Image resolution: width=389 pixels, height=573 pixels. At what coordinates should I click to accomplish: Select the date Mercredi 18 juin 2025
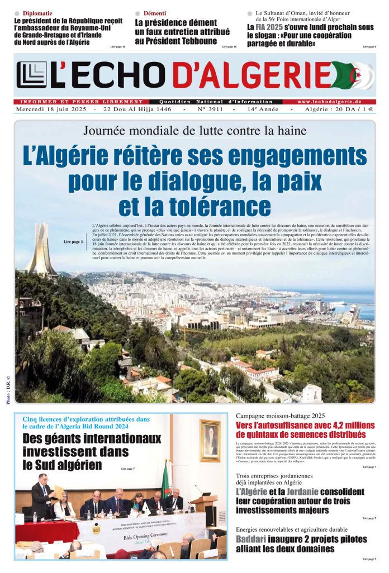coord(51,110)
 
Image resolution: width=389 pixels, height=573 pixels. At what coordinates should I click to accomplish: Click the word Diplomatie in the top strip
coord(37,13)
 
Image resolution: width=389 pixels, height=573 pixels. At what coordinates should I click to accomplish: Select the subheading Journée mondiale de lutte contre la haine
coord(194,131)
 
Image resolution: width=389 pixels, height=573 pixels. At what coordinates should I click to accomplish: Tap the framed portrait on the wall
coord(210,440)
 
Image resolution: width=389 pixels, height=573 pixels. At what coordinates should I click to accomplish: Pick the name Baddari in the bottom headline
coord(250,539)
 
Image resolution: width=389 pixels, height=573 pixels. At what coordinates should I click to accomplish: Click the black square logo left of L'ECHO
coord(31,75)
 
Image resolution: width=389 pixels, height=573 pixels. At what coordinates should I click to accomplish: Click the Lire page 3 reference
coord(73,242)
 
